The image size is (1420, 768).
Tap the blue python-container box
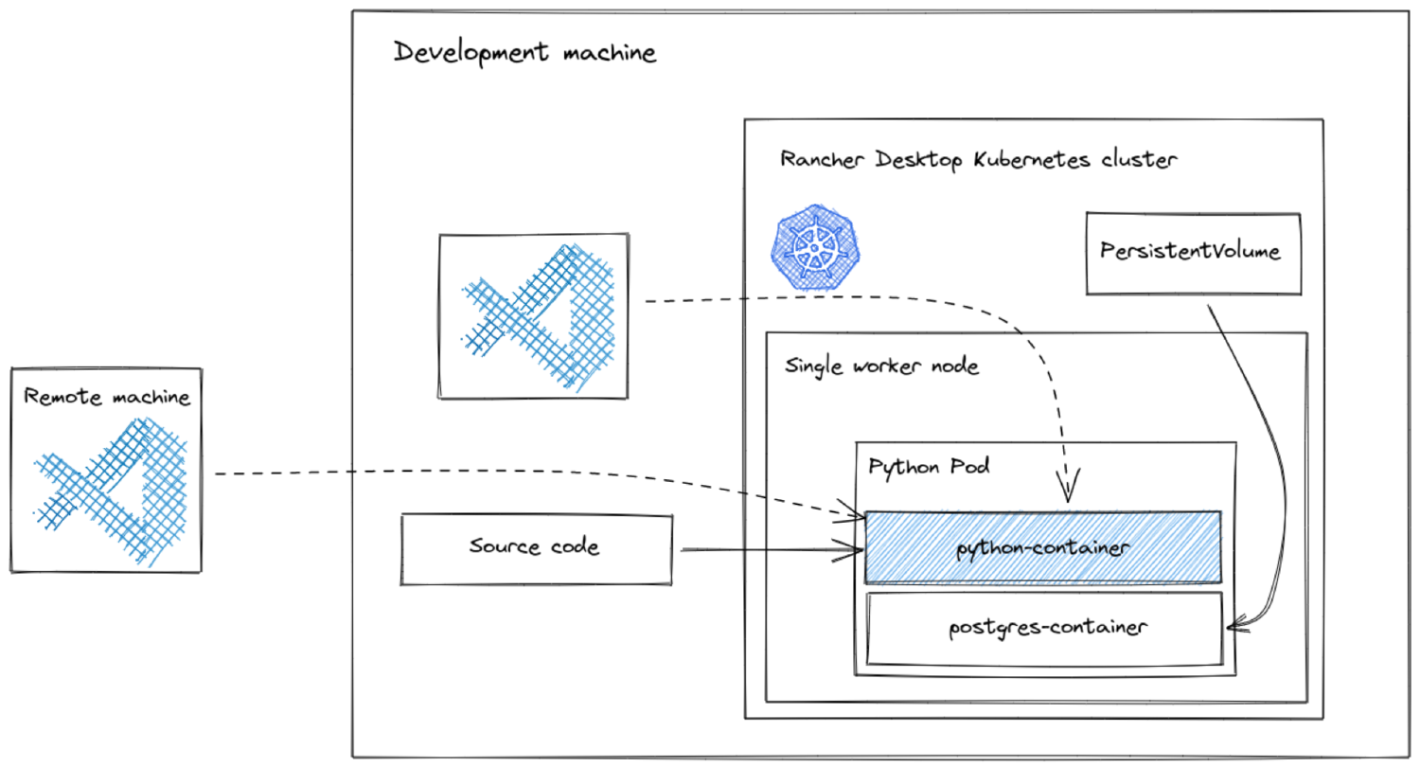pos(1042,547)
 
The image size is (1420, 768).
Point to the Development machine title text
pos(524,52)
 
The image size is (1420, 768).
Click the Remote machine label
pos(107,397)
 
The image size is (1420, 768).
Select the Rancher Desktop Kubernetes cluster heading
pos(978,159)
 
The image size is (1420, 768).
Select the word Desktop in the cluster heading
pos(919,159)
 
